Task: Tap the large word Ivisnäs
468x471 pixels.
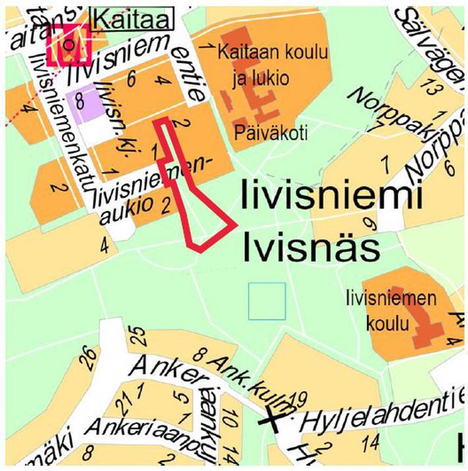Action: tap(312, 249)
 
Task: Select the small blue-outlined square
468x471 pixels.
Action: tap(267, 301)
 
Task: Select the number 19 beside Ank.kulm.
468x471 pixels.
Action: tap(299, 398)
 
